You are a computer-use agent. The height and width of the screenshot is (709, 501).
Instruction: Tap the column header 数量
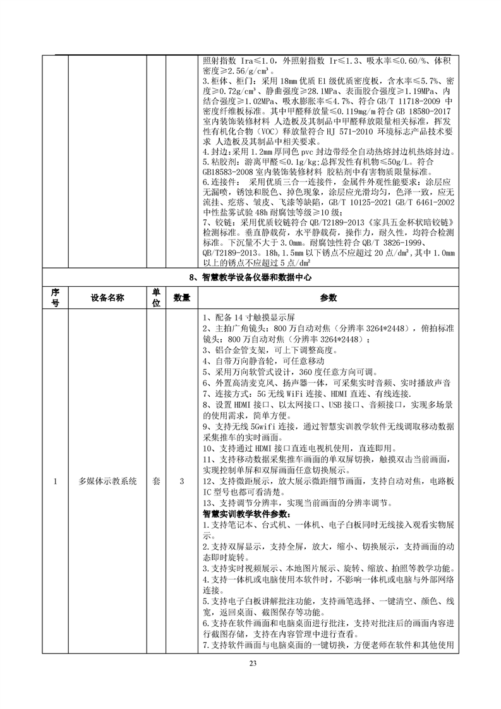pos(182,298)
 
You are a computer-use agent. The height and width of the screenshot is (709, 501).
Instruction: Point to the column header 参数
pos(329,298)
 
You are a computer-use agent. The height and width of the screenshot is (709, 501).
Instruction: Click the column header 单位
pos(155,298)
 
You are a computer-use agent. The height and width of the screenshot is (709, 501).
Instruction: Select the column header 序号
pos(55,298)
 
